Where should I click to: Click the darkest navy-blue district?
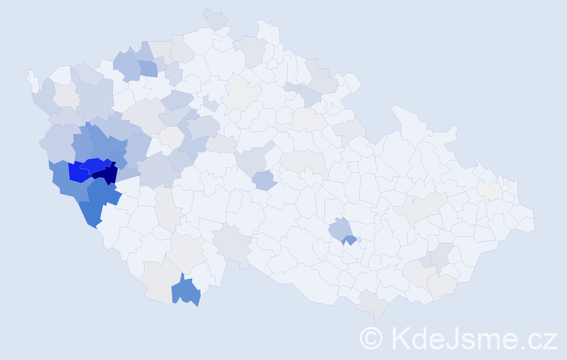107,174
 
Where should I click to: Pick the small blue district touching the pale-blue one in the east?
350,240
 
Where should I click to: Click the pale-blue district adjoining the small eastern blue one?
339,229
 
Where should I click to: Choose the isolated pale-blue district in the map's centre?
265,180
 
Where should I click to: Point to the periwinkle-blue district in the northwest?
147,68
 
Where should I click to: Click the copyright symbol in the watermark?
371,338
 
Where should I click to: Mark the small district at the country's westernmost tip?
32,78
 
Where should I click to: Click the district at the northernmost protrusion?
215,17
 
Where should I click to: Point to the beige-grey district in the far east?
489,190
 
